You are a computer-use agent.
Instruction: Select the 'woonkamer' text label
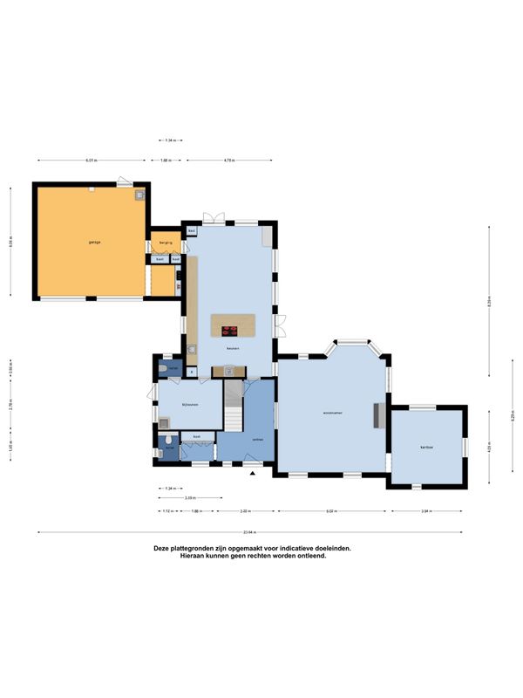coord(331,412)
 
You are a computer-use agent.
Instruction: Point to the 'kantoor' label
coord(427,446)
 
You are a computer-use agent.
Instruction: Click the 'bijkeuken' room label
coord(190,404)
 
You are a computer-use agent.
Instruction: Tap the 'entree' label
coord(257,439)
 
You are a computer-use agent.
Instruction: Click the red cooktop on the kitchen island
coord(230,330)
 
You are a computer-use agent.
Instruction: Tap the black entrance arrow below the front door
coord(253,473)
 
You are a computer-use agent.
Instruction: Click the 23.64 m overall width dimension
coord(249,530)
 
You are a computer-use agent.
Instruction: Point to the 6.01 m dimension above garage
coord(91,161)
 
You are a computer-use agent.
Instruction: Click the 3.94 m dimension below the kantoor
coord(425,511)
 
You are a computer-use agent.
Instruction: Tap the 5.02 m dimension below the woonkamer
coord(331,511)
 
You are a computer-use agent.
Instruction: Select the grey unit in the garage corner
coord(139,195)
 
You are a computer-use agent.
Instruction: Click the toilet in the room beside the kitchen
coord(165,369)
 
